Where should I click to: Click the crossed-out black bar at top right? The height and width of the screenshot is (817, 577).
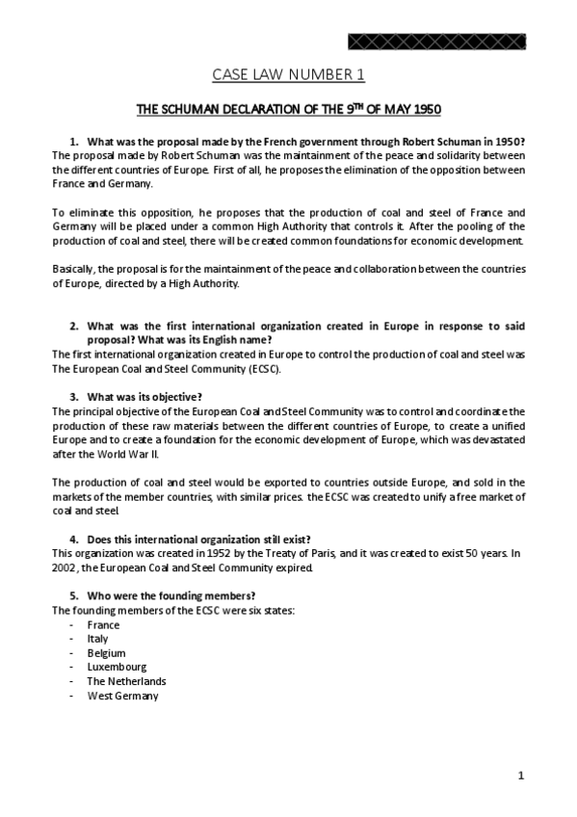[437, 40]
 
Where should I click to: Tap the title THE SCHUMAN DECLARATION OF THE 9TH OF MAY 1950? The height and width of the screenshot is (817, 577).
[288, 109]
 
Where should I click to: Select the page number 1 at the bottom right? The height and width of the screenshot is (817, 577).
[520, 776]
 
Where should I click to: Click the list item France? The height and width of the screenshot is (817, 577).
[103, 624]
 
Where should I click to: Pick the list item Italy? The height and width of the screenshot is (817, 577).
[97, 638]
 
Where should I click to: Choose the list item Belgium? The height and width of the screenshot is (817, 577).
[106, 652]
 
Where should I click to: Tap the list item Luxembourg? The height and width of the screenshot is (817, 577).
[117, 667]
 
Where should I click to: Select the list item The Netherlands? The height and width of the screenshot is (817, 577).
[126, 681]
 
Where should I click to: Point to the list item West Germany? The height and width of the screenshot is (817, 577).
[122, 696]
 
